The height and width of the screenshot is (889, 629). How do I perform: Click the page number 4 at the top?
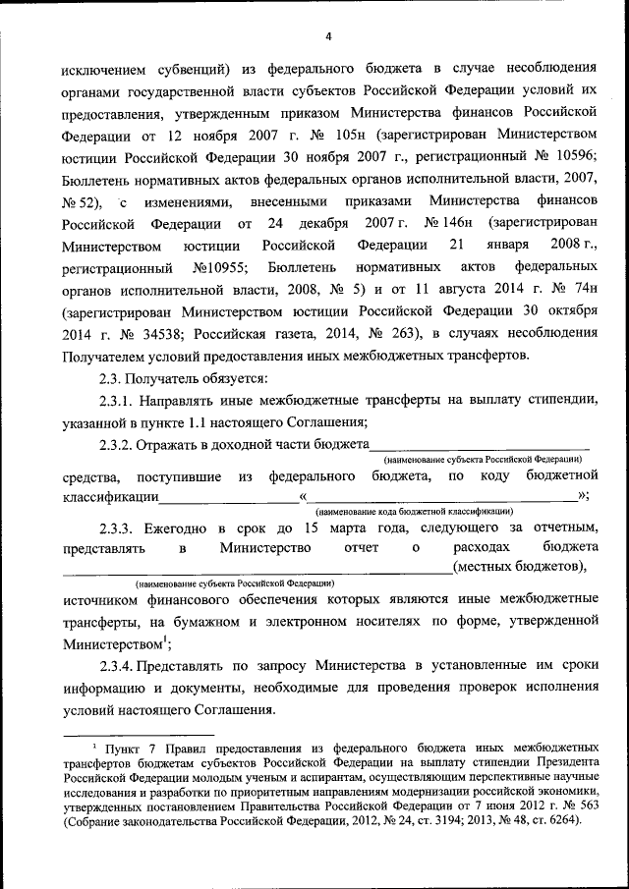click(328, 36)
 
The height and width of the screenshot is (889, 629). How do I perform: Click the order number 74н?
click(569, 289)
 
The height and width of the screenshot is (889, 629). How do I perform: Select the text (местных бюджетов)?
click(519, 567)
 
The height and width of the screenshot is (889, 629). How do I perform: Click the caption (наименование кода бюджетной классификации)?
click(413, 512)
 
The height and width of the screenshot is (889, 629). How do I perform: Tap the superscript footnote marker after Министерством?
click(165, 639)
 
